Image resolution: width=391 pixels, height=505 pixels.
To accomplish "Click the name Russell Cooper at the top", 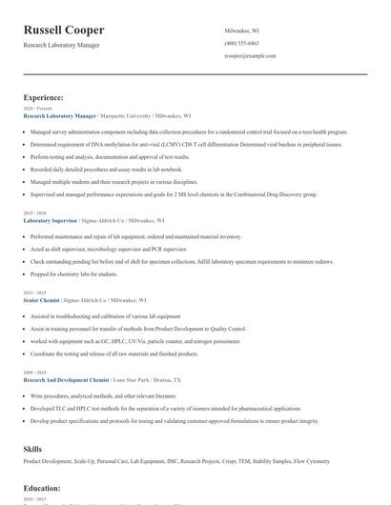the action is pyautogui.click(x=64, y=30).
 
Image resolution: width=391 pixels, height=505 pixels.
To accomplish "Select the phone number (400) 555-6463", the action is pyautogui.click(x=241, y=43).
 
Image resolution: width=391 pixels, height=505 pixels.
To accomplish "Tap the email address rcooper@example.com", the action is pyautogui.click(x=250, y=55).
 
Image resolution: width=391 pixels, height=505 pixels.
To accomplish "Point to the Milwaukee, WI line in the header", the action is pyautogui.click(x=241, y=30).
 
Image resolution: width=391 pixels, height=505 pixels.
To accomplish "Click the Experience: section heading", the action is pyautogui.click(x=44, y=97).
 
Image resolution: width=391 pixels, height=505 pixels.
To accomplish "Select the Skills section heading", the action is pyautogui.click(x=32, y=447).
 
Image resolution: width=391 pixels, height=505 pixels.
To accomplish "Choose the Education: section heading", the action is pyautogui.click(x=42, y=488).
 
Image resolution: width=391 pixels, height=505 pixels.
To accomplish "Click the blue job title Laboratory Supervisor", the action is pyautogui.click(x=51, y=219).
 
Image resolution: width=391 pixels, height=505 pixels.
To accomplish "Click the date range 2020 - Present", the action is pyautogui.click(x=33, y=109).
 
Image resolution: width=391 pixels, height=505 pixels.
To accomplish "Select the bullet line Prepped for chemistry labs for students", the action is pyautogui.click(x=73, y=273).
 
